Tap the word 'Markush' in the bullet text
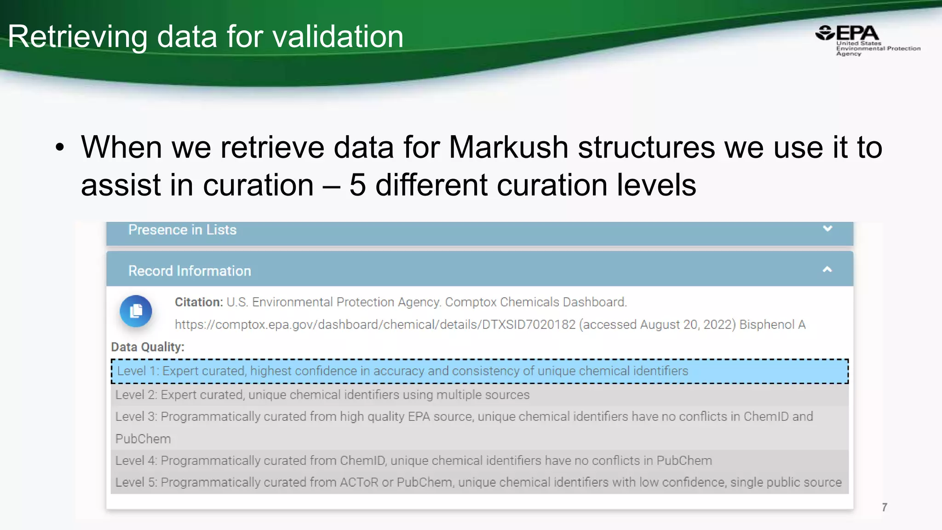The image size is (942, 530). (x=508, y=147)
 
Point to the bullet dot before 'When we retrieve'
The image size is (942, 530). (x=60, y=148)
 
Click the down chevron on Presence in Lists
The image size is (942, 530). (x=827, y=229)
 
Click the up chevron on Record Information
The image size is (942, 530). (x=827, y=270)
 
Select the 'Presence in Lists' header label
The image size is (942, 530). (x=182, y=230)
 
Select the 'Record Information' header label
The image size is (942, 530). (x=190, y=271)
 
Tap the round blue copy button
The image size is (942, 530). (x=136, y=311)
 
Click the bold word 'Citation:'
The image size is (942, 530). (x=199, y=302)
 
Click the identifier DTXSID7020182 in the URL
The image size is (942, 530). (x=528, y=325)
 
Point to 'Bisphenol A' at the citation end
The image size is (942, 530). (x=772, y=325)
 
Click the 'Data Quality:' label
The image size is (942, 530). (x=148, y=347)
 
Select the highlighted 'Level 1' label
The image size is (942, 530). (x=137, y=371)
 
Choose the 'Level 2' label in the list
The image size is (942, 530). (x=136, y=395)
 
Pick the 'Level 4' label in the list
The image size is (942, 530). (x=136, y=461)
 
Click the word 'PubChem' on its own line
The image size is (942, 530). (x=143, y=439)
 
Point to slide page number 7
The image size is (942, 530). (x=885, y=507)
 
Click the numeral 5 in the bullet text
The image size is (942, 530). (x=357, y=185)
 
